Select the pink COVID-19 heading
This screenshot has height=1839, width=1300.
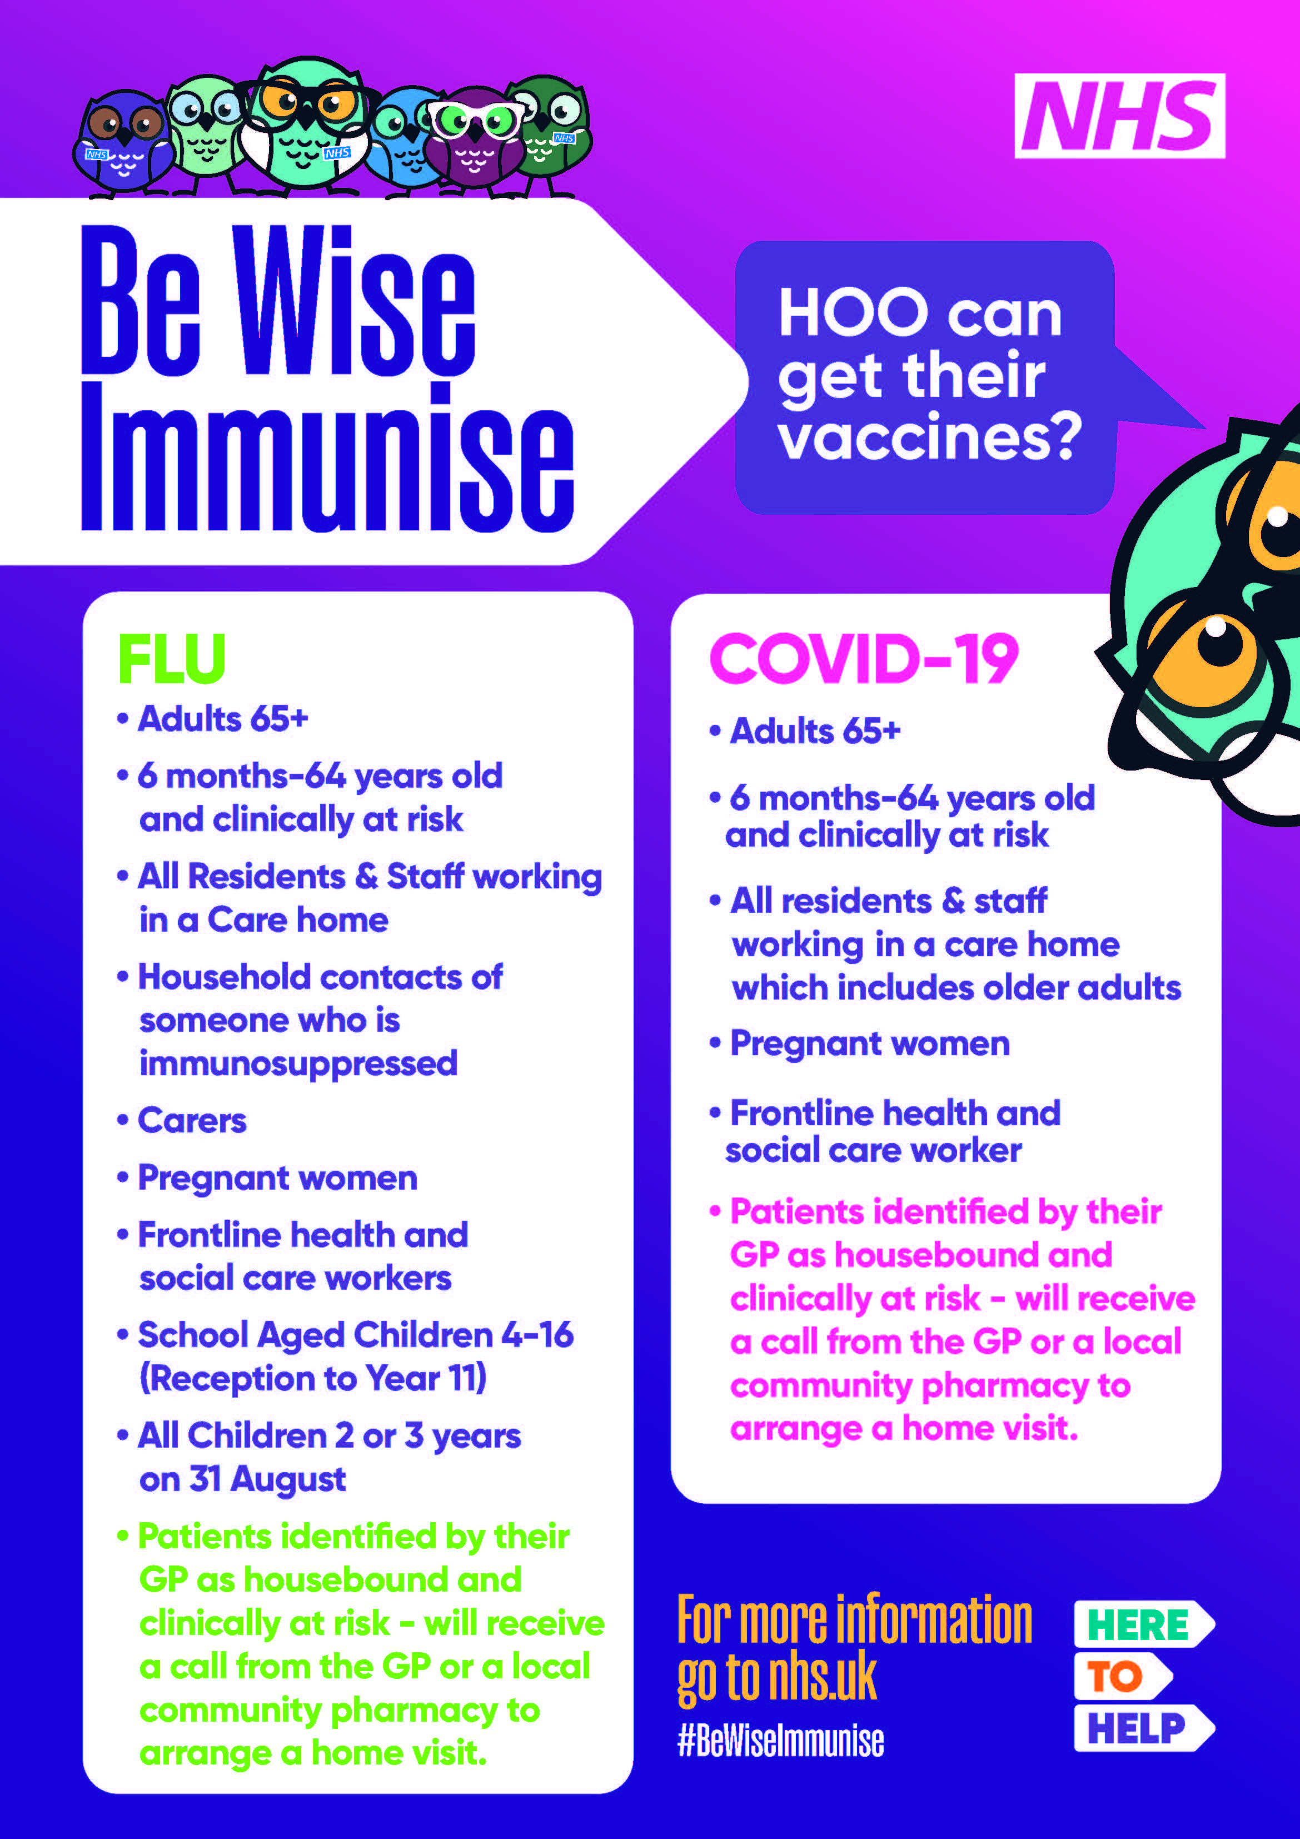click(864, 658)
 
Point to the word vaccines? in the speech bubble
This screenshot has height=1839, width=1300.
click(929, 438)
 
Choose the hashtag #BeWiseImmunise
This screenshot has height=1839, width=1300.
click(780, 1741)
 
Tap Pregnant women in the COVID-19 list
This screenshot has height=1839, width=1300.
click(869, 1043)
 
